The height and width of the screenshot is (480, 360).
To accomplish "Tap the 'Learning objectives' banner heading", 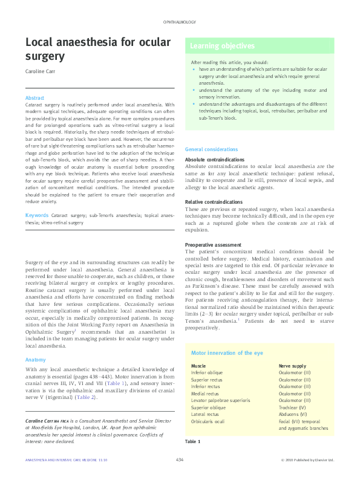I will pyautogui.click(x=223, y=46).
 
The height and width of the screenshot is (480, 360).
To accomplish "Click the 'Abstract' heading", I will pyautogui.click(x=34, y=97).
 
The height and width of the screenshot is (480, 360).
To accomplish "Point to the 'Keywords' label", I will pyautogui.click(x=37, y=216).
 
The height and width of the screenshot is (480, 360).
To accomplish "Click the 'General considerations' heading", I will pyautogui.click(x=211, y=149).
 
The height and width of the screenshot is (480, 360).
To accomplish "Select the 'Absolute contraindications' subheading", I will pyautogui.click(x=214, y=160).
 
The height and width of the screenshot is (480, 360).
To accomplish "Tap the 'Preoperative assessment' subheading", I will pyautogui.click(x=212, y=244).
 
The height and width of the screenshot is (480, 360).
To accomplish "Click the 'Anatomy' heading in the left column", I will pyautogui.click(x=36, y=360).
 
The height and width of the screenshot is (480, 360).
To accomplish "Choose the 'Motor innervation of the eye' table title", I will pyautogui.click(x=227, y=352).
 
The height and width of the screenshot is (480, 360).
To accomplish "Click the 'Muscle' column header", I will pyautogui.click(x=198, y=366).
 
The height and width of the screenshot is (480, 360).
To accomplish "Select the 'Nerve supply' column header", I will pyautogui.click(x=292, y=366).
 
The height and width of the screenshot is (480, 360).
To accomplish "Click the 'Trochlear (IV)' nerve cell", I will pyautogui.click(x=292, y=407).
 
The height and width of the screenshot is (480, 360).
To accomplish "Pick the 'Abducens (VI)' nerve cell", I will pyautogui.click(x=293, y=414).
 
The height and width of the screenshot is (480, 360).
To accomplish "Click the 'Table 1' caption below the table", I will pyautogui.click(x=192, y=442).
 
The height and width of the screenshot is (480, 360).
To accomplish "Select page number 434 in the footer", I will pyautogui.click(x=180, y=461).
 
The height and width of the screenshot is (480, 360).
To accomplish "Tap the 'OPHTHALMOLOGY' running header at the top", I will pyautogui.click(x=180, y=22).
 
